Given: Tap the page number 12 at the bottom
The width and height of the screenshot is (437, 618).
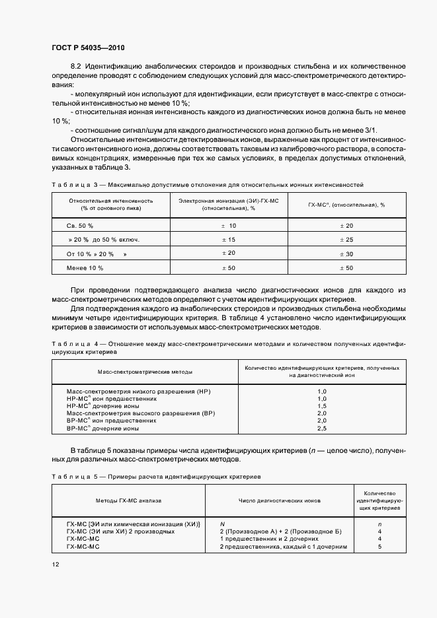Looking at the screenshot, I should click(x=55, y=564).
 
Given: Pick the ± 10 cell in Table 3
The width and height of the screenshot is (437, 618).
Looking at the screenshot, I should click(x=229, y=226).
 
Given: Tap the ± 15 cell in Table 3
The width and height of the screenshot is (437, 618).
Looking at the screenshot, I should click(x=229, y=240).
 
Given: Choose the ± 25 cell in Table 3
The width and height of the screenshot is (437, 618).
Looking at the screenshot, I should click(x=346, y=240).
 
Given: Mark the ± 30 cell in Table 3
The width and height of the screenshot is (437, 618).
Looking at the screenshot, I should click(x=346, y=254).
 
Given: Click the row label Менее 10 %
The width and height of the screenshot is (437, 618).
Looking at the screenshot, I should click(x=85, y=268).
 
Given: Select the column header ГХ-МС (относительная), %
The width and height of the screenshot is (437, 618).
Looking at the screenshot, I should click(x=346, y=205).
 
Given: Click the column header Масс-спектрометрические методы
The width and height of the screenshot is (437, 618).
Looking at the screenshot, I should click(x=134, y=371).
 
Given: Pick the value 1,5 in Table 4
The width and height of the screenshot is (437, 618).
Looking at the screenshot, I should click(x=322, y=406).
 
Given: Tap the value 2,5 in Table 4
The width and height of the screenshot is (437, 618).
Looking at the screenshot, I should click(x=322, y=429).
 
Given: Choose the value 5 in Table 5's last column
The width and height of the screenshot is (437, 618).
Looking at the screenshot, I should click(x=379, y=547).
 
